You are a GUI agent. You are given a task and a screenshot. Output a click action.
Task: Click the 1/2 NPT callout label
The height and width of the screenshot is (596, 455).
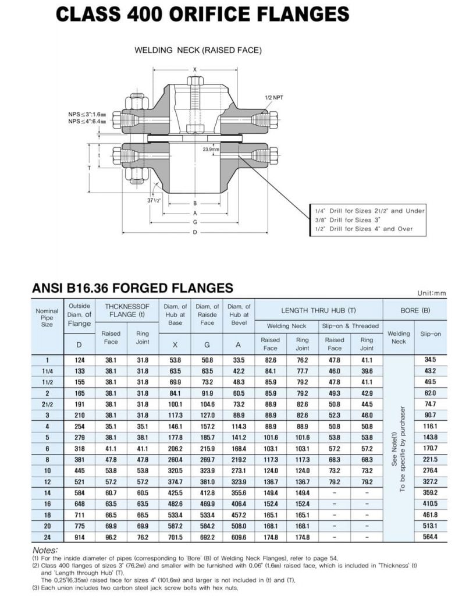tap(273, 98)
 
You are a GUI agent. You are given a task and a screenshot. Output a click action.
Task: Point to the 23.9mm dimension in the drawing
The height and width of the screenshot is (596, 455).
tap(211, 150)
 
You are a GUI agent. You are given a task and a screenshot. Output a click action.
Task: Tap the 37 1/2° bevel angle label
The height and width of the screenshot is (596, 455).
tap(154, 200)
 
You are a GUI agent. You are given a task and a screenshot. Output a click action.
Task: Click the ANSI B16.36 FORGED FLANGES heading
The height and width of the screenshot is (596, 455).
tap(132, 288)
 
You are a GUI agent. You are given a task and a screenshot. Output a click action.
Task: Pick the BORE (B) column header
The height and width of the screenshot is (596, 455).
tap(415, 310)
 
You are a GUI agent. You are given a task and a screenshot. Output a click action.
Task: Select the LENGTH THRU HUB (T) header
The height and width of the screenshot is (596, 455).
tap(318, 310)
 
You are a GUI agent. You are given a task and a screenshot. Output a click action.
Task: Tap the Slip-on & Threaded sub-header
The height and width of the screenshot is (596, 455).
tap(350, 326)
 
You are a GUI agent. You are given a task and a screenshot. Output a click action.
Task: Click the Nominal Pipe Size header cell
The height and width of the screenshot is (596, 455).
tap(47, 317)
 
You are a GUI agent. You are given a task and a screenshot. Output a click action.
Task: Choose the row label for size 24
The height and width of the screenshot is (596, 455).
tap(47, 537)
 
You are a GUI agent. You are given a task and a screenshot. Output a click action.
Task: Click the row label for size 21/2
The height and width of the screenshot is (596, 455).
tap(47, 404)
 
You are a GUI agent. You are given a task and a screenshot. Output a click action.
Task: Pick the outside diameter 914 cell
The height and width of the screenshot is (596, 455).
tap(80, 537)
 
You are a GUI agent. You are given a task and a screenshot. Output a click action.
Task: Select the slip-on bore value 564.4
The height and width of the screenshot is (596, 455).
tap(430, 537)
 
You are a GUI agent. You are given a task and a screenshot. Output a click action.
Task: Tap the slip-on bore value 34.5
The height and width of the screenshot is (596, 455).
tap(430, 360)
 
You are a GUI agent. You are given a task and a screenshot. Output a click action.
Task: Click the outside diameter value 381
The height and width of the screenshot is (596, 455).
tap(80, 459)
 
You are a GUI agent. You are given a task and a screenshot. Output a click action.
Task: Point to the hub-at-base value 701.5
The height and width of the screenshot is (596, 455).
tap(175, 537)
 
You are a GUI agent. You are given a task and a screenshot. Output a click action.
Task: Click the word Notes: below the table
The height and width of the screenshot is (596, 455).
tap(45, 550)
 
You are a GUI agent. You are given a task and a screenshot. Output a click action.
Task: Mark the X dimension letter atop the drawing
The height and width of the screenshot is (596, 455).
tap(195, 70)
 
